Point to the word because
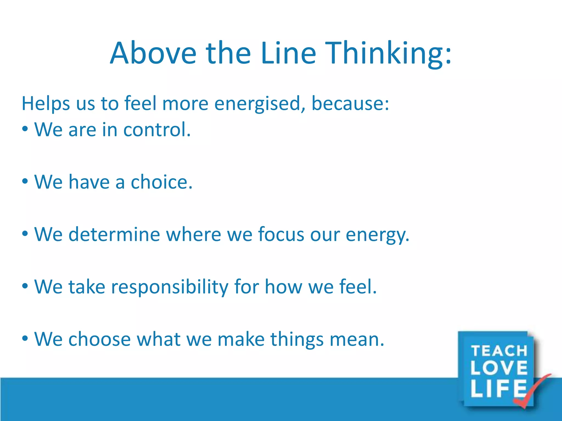pos(350,104)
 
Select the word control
pos(157,130)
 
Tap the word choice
pos(161,182)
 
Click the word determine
pos(114,235)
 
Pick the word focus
pos(281,235)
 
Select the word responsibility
pos(170,287)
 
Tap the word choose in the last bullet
pos(99,339)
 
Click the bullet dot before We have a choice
pos(25,181)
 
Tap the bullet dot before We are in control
pos(25,129)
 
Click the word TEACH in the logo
pos(499,351)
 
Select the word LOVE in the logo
pos(499,368)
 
